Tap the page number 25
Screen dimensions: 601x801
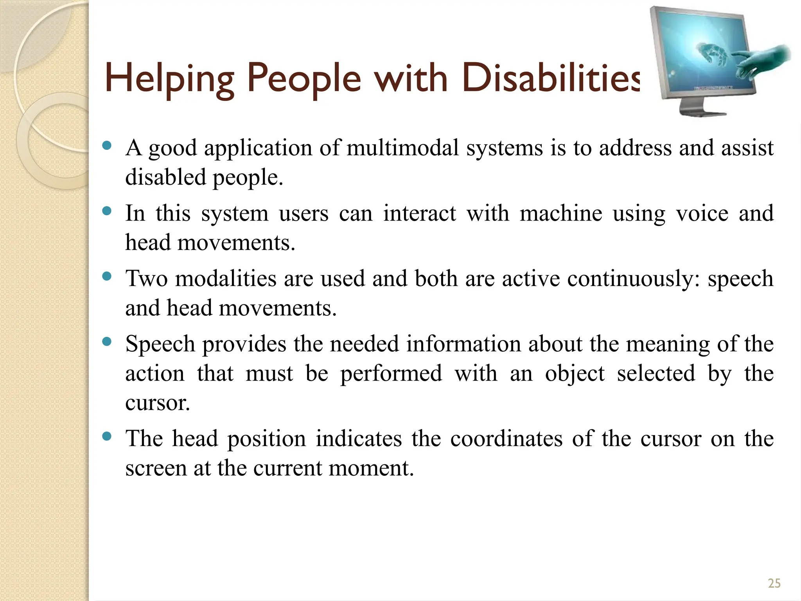[774, 583]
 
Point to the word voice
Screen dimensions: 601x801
[702, 214]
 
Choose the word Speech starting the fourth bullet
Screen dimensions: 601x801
[160, 344]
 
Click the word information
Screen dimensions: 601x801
[463, 344]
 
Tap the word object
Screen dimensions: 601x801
[575, 374]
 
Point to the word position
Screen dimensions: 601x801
[266, 439]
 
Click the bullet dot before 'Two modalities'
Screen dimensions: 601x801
[106, 277]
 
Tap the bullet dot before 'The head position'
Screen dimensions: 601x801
[106, 436]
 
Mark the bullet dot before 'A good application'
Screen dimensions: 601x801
[106, 146]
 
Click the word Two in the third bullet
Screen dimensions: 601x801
[146, 279]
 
